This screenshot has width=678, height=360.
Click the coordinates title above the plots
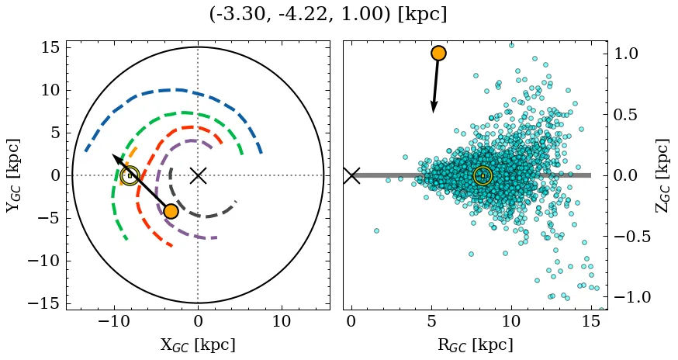[x=328, y=15]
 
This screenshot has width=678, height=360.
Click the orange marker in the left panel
[x=171, y=211]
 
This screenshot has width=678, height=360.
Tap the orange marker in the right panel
[x=438, y=53]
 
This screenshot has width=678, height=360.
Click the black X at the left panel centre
[x=198, y=175]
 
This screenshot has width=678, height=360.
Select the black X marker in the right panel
[x=351, y=175]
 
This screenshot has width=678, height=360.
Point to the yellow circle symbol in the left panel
[x=130, y=175]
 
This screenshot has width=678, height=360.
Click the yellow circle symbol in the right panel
[x=483, y=175]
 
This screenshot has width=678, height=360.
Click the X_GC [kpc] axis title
[x=198, y=344]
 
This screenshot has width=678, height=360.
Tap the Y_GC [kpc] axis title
[x=13, y=175]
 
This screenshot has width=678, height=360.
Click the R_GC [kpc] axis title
[x=475, y=344]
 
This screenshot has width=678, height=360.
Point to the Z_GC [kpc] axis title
[x=662, y=175]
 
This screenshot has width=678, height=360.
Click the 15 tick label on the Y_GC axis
[x=51, y=48]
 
